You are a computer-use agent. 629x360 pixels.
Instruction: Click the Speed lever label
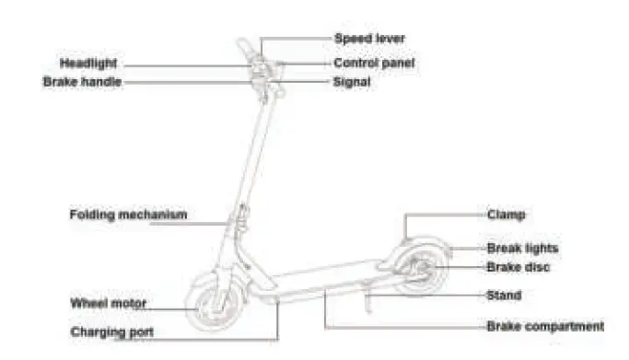click(368, 39)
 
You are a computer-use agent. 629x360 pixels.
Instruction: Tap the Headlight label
click(89, 64)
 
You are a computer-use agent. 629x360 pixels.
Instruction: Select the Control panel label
click(373, 64)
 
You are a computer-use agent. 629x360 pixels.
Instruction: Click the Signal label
click(352, 81)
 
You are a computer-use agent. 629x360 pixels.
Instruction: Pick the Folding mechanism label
click(128, 215)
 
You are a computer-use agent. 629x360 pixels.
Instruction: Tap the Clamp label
click(506, 215)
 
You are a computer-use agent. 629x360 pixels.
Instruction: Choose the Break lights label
click(522, 248)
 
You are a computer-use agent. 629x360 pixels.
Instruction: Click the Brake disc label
click(518, 267)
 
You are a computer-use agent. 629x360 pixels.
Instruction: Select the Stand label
click(504, 296)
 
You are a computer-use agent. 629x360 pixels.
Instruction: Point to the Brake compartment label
click(545, 326)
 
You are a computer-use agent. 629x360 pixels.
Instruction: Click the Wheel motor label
click(109, 302)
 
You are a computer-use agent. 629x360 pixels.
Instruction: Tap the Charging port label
click(112, 331)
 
